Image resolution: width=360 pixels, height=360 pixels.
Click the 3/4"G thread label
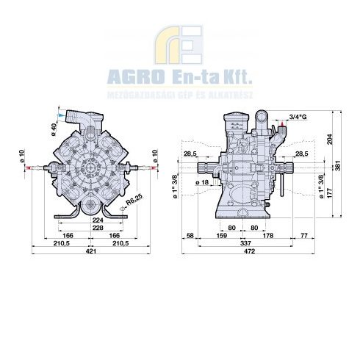tap(299, 117)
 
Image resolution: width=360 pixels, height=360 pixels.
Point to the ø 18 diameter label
tap(205, 181)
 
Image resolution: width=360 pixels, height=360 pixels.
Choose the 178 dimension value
tap(268, 235)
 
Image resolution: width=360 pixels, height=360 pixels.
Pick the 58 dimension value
tap(190, 235)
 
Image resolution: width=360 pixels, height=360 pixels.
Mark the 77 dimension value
tap(304, 235)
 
